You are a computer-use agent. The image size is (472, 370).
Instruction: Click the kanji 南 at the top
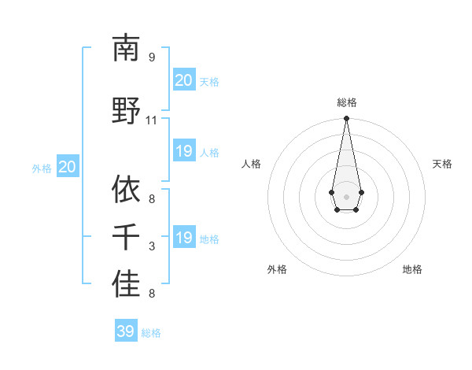(x=125, y=49)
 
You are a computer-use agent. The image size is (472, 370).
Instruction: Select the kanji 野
(x=125, y=110)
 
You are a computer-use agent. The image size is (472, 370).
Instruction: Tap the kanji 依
(x=125, y=189)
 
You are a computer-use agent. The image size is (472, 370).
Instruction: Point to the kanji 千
(x=125, y=237)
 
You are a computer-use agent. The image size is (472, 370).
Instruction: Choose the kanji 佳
(x=125, y=284)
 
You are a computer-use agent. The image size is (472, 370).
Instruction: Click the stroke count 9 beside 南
(x=152, y=57)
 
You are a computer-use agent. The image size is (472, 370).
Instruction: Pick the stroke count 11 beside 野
(x=151, y=120)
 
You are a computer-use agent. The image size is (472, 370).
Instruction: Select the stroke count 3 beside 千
(x=152, y=247)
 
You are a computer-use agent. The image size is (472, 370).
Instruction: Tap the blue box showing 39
(x=126, y=331)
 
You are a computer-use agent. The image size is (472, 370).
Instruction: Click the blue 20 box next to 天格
(x=184, y=80)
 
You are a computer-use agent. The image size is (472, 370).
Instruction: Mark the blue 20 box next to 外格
(x=68, y=167)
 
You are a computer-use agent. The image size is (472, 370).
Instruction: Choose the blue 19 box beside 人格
(x=184, y=151)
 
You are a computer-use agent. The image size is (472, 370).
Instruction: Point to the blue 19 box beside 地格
(x=184, y=238)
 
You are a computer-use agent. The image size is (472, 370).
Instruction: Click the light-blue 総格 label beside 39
(x=151, y=333)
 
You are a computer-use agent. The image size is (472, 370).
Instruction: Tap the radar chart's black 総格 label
(x=346, y=102)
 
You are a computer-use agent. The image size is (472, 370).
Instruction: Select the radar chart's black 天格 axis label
(x=442, y=164)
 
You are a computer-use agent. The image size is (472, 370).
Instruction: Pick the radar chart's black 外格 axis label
(x=277, y=269)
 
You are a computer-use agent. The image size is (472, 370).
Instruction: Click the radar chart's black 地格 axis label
(x=412, y=269)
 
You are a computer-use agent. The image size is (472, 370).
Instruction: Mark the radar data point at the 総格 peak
(x=346, y=119)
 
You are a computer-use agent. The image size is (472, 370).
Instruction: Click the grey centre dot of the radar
(x=346, y=196)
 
